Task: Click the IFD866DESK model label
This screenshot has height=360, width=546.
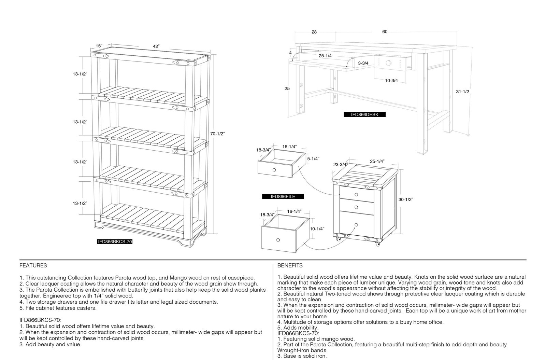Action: click(x=365, y=115)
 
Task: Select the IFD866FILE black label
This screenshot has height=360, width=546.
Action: click(x=283, y=197)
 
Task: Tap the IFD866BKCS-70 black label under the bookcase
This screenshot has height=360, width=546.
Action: click(x=115, y=242)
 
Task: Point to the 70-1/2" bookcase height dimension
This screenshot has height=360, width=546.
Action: click(x=217, y=134)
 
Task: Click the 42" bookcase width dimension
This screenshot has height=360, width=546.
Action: click(x=156, y=46)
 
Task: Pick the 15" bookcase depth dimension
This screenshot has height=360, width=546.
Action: click(x=99, y=46)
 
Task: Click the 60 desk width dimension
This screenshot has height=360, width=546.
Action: click(x=385, y=32)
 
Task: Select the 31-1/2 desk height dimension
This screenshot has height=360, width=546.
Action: click(x=462, y=92)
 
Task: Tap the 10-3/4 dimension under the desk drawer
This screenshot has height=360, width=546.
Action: click(x=391, y=81)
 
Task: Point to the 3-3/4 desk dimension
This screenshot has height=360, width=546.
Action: click(x=363, y=63)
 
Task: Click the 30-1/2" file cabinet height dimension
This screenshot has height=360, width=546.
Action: click(x=406, y=199)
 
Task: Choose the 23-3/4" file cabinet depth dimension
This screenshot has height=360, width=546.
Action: click(x=341, y=165)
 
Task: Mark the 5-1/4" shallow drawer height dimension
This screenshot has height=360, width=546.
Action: click(x=313, y=159)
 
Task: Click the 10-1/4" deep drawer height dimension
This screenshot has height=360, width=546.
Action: click(x=317, y=229)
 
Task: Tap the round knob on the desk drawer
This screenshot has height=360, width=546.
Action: click(x=389, y=63)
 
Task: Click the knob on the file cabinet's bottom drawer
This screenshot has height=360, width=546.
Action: click(x=356, y=225)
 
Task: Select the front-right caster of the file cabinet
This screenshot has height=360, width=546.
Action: click(x=377, y=244)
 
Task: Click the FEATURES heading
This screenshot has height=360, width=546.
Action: click(x=33, y=265)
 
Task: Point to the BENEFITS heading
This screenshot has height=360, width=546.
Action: click(x=290, y=265)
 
